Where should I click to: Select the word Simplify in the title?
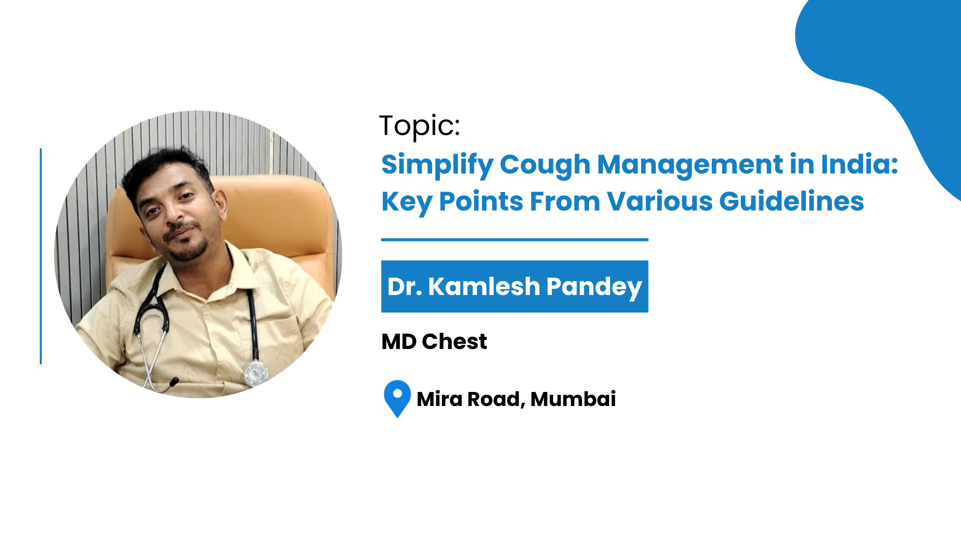(x=437, y=165)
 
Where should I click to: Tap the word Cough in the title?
(x=545, y=165)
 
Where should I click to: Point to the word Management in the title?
(x=690, y=165)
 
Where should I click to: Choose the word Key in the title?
(x=406, y=202)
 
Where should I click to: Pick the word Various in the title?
(x=659, y=201)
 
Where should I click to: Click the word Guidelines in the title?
(x=791, y=202)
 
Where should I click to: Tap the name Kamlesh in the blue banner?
(x=484, y=286)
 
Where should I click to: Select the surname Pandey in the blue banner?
(x=594, y=288)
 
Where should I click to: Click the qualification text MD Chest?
(x=434, y=342)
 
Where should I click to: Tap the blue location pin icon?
(x=397, y=398)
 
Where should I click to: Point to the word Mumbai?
(x=573, y=399)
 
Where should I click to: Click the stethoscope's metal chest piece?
(x=255, y=372)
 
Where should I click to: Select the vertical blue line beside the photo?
(x=41, y=256)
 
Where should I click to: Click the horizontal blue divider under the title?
(x=515, y=240)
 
